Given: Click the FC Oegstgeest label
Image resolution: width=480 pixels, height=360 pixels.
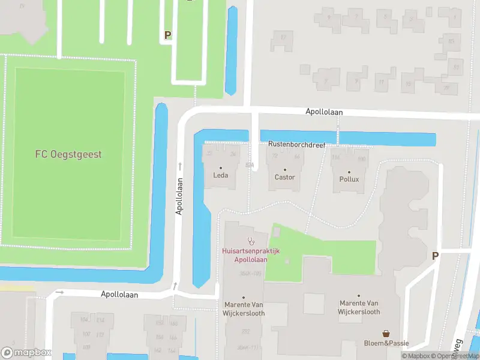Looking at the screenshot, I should [x=68, y=154].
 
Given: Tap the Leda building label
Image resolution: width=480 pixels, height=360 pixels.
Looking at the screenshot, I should [x=220, y=176].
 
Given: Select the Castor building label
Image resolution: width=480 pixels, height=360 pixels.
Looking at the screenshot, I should [x=284, y=177].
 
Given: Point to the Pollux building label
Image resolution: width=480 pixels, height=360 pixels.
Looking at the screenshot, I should [x=349, y=179].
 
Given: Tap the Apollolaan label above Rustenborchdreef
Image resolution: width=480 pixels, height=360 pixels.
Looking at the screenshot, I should [x=323, y=112].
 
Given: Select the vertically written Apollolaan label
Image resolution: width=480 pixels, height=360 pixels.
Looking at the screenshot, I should [x=179, y=196].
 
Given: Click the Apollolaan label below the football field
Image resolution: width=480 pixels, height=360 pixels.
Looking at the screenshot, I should [x=119, y=295].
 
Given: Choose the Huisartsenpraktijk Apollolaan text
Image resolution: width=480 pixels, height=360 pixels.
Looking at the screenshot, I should [x=251, y=256].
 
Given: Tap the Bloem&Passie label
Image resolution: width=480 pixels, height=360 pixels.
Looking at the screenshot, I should [x=387, y=343].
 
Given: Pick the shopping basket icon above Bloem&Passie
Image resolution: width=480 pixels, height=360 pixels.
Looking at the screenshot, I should [x=387, y=333].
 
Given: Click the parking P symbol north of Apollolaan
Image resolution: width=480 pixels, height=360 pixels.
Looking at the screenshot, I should [x=168, y=35].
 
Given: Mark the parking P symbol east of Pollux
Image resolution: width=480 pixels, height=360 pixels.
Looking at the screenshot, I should [x=435, y=256].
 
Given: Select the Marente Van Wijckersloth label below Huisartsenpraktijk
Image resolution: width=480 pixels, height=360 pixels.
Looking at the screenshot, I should [x=244, y=309].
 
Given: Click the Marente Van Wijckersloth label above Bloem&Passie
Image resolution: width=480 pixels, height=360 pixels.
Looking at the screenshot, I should [x=359, y=307].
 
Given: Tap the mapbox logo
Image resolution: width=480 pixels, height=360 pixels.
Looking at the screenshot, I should [x=26, y=353].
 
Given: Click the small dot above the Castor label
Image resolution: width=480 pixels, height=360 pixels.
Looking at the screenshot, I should [x=284, y=169].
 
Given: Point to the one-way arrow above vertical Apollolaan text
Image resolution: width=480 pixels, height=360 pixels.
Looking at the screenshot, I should [x=179, y=164].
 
